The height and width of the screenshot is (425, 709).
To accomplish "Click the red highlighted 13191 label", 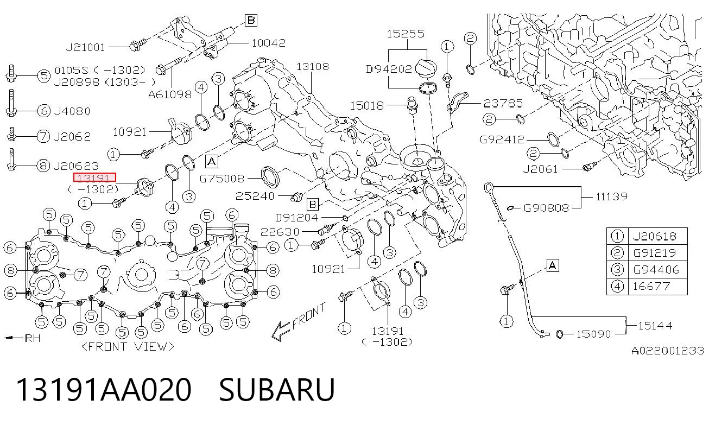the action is pyautogui.click(x=94, y=177).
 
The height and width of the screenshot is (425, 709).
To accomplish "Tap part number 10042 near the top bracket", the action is pyautogui.click(x=268, y=43).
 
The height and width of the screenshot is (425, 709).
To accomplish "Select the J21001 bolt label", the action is pyautogui.click(x=85, y=47).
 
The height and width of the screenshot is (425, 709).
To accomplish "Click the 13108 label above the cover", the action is pyautogui.click(x=312, y=66).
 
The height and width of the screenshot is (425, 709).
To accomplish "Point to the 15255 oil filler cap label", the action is pyautogui.click(x=406, y=34).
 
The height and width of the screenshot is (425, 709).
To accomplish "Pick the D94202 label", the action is pyautogui.click(x=389, y=69).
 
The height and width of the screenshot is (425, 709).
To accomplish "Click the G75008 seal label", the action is pyautogui.click(x=222, y=179).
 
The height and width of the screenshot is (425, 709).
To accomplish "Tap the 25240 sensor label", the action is pyautogui.click(x=255, y=196).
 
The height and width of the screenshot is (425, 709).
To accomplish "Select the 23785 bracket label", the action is pyautogui.click(x=503, y=103).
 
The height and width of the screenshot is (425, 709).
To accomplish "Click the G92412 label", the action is pyautogui.click(x=502, y=139).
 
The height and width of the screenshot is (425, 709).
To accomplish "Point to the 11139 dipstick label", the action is pyautogui.click(x=611, y=196).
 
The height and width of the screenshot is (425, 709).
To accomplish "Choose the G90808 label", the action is pyautogui.click(x=546, y=208).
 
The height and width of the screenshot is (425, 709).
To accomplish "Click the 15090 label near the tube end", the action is pyautogui.click(x=593, y=334).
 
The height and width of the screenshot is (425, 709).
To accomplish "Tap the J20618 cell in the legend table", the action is pyautogui.click(x=654, y=236).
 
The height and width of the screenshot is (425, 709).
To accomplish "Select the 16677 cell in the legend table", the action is pyautogui.click(x=651, y=286).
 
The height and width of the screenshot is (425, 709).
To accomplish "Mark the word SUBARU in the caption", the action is pyautogui.click(x=277, y=390).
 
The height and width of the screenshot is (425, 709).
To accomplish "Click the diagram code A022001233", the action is pyautogui.click(x=667, y=351).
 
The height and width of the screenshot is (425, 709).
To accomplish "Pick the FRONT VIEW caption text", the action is pyautogui.click(x=128, y=347).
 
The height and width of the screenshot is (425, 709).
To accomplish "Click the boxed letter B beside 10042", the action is pyautogui.click(x=251, y=21).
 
